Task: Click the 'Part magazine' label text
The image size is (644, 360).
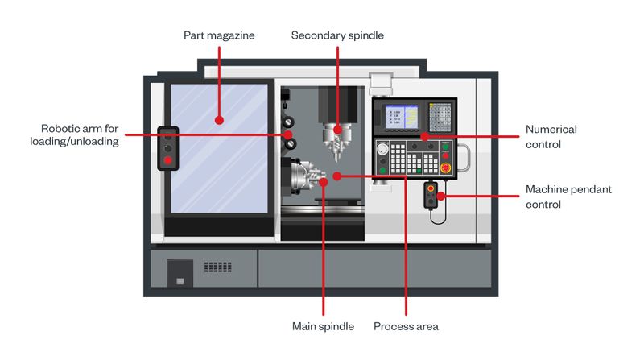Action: click(x=219, y=35)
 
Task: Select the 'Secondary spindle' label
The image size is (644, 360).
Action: click(x=337, y=35)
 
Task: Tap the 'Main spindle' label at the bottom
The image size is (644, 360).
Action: click(x=322, y=326)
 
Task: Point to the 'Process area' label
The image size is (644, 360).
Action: click(x=406, y=326)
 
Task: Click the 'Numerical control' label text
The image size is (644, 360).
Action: click(x=551, y=136)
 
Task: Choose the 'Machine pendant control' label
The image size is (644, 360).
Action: click(x=568, y=197)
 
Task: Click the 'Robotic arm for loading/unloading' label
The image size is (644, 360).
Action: click(x=80, y=134)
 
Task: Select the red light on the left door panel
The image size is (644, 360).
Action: click(x=167, y=160)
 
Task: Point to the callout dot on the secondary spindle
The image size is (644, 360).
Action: click(x=337, y=128)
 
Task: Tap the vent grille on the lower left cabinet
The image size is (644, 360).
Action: click(x=217, y=267)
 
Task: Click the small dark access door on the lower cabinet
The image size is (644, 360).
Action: click(x=180, y=274)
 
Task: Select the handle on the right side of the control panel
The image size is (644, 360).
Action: click(x=464, y=157)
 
